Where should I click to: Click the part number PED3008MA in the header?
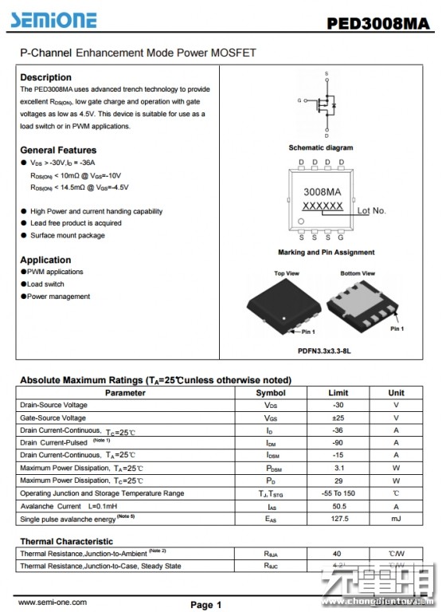coord(377,23)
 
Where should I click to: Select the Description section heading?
coord(45,77)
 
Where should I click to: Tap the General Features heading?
coord(58,150)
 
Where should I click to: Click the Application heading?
coord(45,260)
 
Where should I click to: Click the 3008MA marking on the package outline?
coord(322,192)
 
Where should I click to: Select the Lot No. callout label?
coord(371,211)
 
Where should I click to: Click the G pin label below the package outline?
coord(341,237)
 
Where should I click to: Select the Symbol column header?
coord(270,393)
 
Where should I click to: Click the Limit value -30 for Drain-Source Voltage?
coord(338,405)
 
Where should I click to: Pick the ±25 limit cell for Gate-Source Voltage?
coord(338,418)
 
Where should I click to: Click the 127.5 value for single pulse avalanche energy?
coord(338,519)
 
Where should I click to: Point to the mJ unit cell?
coord(396,519)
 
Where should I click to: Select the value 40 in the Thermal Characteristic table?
coord(338,553)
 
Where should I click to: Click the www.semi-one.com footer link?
coord(53,602)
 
